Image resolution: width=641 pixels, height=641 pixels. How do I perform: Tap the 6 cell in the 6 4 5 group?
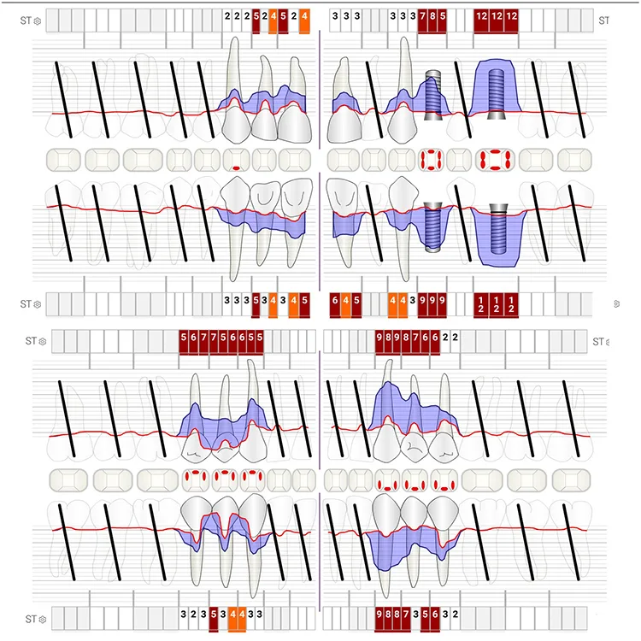coord(335,303)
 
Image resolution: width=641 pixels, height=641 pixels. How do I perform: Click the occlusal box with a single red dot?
coord(236,160)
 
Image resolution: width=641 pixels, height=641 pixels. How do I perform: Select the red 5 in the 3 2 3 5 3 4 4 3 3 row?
coord(213,614)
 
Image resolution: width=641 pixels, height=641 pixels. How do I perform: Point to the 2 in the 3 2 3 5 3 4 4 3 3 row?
coord(193,614)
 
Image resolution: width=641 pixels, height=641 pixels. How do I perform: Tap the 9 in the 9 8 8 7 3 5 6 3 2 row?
coord(379,614)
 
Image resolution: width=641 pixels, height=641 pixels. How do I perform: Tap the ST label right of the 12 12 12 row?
coord(603,19)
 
